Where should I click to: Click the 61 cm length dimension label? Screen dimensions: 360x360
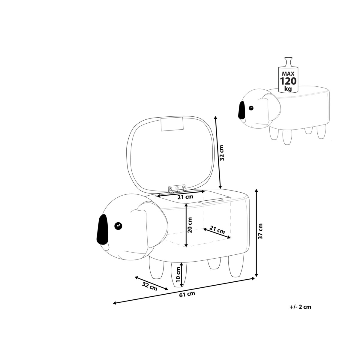[x=187, y=294]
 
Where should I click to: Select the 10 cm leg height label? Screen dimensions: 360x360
[x=178, y=275]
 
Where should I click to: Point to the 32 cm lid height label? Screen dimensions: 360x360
[x=221, y=153]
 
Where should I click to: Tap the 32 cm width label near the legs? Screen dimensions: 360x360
[x=150, y=287]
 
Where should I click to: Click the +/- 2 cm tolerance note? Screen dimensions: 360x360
[x=301, y=307]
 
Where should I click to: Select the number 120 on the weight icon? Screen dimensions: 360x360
[x=288, y=81]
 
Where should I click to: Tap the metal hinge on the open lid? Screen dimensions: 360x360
[x=177, y=188]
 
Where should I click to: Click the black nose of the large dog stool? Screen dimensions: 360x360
[x=101, y=229]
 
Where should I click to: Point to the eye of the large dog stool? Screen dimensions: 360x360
[x=118, y=225]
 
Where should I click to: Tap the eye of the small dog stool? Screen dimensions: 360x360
[x=251, y=108]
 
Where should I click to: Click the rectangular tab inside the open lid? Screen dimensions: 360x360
[x=172, y=124]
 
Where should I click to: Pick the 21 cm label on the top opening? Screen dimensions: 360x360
[x=185, y=197]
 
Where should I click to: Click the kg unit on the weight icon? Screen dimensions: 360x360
[x=288, y=89]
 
